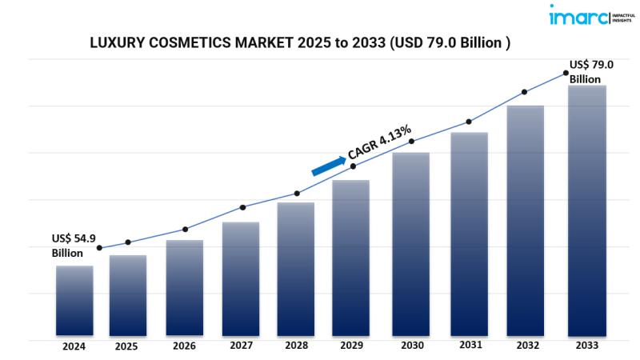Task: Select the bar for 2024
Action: [74, 300]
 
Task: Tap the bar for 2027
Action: [241, 278]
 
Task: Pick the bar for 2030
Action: [411, 244]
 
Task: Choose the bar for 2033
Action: [586, 210]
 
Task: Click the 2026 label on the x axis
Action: [184, 346]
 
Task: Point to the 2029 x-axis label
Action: [350, 346]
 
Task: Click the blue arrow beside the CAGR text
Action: [328, 164]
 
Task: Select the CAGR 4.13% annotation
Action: [379, 142]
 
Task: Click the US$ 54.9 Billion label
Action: [74, 246]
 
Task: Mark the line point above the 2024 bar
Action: [99, 248]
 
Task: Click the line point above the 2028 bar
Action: [297, 194]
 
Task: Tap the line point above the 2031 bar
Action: [469, 122]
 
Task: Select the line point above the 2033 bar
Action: [566, 73]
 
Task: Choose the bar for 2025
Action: [128, 295]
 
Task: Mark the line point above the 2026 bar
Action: [185, 230]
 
